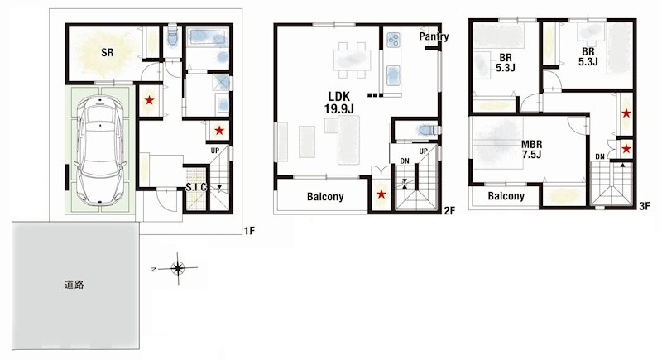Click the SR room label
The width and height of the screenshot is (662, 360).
coord(107,51)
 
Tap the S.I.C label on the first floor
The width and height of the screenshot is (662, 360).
coord(195,188)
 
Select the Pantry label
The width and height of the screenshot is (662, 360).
coord(434,37)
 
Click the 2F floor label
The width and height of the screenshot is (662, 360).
coord(449,211)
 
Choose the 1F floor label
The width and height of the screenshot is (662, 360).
coord(249,231)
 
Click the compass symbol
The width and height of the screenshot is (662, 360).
coord(177,267)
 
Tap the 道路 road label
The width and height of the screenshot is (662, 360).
coord(74,285)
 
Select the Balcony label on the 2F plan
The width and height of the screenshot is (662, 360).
coord(325,197)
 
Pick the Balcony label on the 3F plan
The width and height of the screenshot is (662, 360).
coord(506,196)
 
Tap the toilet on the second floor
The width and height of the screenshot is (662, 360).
coord(425,130)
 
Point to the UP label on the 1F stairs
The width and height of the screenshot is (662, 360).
coord(214,151)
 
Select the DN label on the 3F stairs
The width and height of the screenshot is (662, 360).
coord(599,156)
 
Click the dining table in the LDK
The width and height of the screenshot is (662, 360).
coord(353,60)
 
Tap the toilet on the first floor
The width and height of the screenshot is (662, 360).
coord(172,37)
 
